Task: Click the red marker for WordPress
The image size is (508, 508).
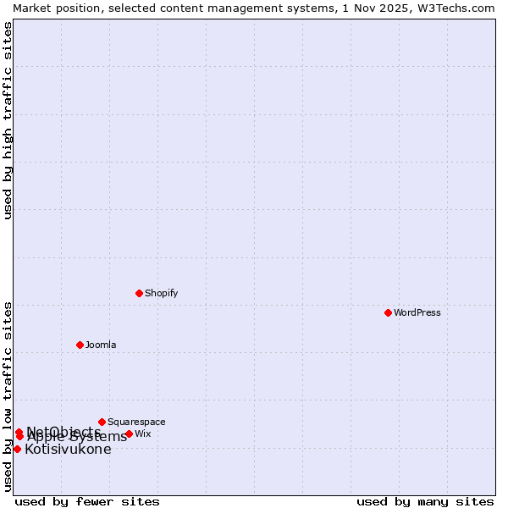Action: tap(388, 312)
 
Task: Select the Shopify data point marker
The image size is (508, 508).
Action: tap(139, 293)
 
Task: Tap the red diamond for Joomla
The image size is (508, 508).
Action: tap(80, 345)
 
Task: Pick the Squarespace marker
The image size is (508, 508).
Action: tap(102, 422)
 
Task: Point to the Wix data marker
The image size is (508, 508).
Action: tap(129, 433)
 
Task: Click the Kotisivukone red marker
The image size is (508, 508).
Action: tap(17, 449)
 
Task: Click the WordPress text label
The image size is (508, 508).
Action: tap(417, 312)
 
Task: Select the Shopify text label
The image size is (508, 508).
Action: tap(161, 293)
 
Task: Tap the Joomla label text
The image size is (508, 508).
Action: tap(101, 345)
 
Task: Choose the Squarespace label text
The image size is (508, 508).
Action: tap(136, 422)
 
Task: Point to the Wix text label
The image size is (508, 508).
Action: tap(143, 433)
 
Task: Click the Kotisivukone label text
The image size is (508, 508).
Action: tap(68, 449)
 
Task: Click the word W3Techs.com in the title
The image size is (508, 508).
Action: tap(456, 8)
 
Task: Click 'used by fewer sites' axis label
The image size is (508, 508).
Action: tap(87, 501)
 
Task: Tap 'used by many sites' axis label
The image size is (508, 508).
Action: tap(425, 501)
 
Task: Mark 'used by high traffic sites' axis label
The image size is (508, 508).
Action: tap(8, 120)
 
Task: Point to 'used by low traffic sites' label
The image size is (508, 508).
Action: tap(8, 396)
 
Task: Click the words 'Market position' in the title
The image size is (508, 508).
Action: tap(52, 8)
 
